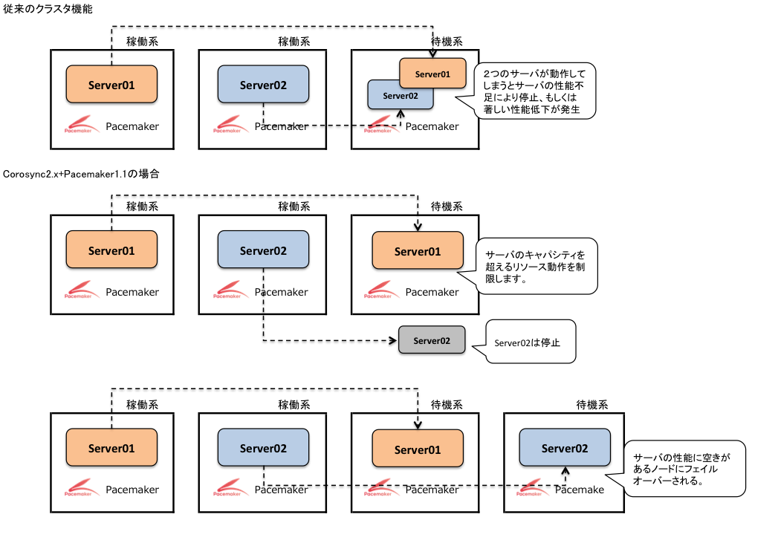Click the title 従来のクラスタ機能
[x=48, y=9]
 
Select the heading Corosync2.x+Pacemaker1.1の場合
[x=81, y=174]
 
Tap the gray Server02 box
[x=432, y=340]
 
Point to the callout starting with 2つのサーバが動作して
[x=534, y=91]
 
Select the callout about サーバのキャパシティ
[x=536, y=266]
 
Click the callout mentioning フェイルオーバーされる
[x=683, y=469]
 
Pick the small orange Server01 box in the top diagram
[x=432, y=74]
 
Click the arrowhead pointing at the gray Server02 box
[x=393, y=340]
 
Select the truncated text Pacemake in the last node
[x=580, y=490]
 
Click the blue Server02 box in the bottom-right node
[x=565, y=448]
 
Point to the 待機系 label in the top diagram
[x=447, y=42]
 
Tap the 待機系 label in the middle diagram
[x=447, y=207]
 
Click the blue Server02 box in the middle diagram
[x=263, y=250]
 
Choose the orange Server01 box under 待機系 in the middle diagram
[x=418, y=251]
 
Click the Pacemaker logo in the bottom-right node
[x=530, y=487]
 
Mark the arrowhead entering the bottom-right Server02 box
[x=565, y=471]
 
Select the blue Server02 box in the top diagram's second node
[x=263, y=84]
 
